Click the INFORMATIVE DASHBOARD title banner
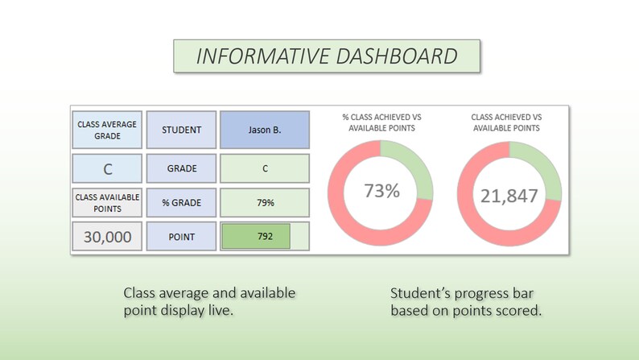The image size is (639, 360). pos(327,56)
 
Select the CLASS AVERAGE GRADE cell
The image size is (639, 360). pos(107,130)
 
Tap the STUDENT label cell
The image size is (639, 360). pos(181,130)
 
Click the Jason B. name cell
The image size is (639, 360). pos(264,130)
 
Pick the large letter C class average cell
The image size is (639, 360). pos(107,169)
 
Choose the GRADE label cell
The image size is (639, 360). pos(181,169)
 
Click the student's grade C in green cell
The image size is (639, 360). pos(264,169)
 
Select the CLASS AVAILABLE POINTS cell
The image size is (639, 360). pos(107,202)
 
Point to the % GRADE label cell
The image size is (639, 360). pos(181,202)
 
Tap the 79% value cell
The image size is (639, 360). pos(264,202)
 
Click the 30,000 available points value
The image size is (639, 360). pos(107,237)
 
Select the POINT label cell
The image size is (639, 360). pos(181,237)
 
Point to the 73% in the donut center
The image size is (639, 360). pos(381,191)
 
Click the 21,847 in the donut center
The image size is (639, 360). pos(509,196)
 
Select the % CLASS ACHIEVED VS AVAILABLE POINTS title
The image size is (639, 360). pos(381,122)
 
